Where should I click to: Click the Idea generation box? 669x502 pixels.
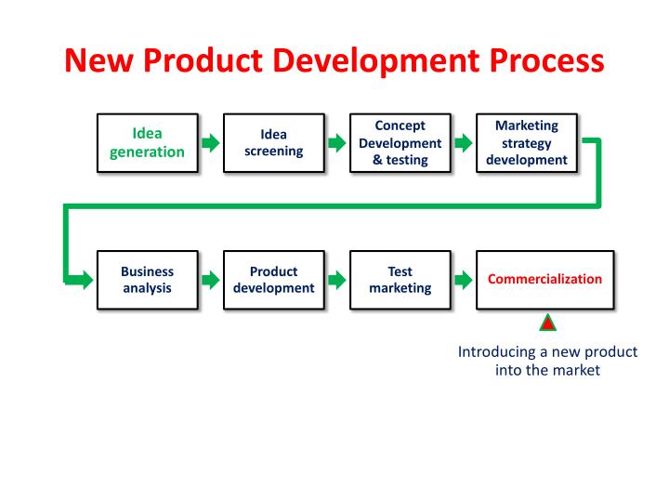[147, 143]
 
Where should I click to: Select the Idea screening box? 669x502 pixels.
[274, 143]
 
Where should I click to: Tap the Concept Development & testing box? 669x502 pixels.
[400, 143]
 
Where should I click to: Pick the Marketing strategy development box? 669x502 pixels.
[526, 143]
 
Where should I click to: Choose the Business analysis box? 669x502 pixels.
[147, 280]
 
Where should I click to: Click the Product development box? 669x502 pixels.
[274, 280]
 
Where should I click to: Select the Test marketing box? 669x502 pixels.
[400, 280]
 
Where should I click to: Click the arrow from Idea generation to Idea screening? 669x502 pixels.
[211, 143]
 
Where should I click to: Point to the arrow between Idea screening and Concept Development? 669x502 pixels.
[337, 143]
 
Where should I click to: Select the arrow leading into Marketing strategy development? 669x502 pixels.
[463, 143]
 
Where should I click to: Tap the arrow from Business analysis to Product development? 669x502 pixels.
[211, 280]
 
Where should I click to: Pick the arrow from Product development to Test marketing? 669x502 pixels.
[337, 280]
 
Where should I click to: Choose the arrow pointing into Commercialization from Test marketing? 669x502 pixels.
[463, 280]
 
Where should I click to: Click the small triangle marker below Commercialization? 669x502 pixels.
[548, 324]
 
